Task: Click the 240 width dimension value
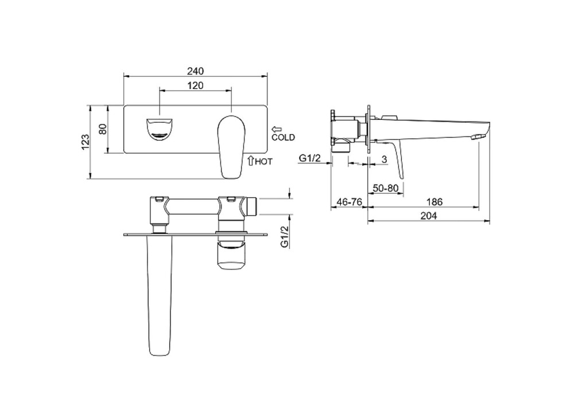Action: pos(196,71)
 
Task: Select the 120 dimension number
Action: pos(196,85)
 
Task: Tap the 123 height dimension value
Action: pos(86,142)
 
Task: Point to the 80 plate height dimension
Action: pos(103,129)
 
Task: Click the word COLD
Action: pos(283,138)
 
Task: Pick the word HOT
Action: pos(263,161)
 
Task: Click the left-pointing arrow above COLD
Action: pos(277,129)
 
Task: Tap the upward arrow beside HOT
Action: pos(251,160)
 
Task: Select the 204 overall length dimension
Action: pos(429,216)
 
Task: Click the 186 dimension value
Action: pos(435,201)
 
